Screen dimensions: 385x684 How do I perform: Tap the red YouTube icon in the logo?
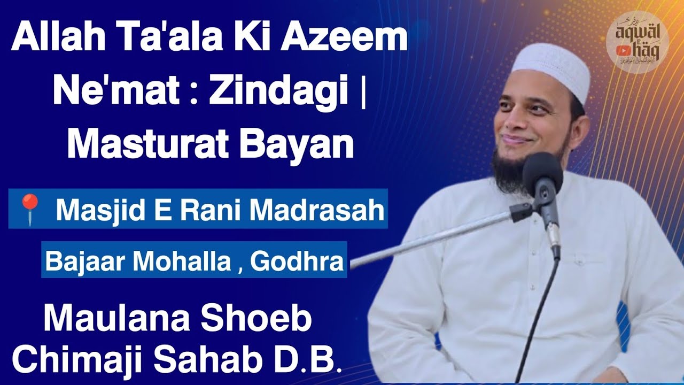622,50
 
